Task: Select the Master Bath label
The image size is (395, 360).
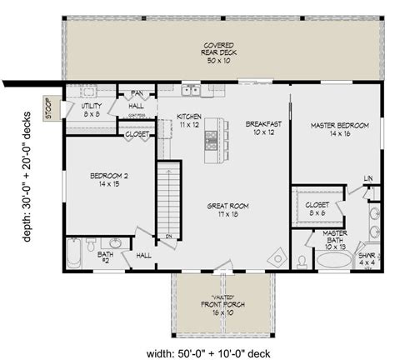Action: click(x=335, y=239)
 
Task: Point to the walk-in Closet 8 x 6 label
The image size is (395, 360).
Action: click(x=317, y=208)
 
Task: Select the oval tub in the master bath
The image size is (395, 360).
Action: click(x=335, y=260)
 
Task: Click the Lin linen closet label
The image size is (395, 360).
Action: click(x=367, y=179)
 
